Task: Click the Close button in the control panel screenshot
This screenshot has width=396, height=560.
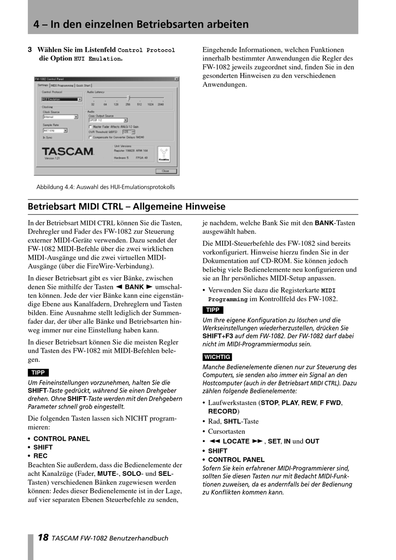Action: pyautogui.click(x=166, y=171)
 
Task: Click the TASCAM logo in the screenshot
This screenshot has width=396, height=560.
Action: pyautogui.click(x=68, y=151)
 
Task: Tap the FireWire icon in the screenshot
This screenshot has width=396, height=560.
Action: pyautogui.click(x=163, y=154)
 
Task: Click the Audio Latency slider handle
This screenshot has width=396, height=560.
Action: pyautogui.click(x=128, y=98)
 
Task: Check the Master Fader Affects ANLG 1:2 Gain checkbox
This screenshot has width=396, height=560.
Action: pyautogui.click(x=90, y=127)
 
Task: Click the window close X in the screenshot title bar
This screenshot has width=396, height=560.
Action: pyautogui.click(x=176, y=79)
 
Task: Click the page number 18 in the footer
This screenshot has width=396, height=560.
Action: pyautogui.click(x=43, y=537)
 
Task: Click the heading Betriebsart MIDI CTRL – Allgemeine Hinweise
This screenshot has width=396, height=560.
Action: pyautogui.click(x=126, y=207)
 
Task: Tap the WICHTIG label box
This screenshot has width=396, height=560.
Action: pyautogui.click(x=217, y=357)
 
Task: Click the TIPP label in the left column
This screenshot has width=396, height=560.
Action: pyautogui.click(x=38, y=372)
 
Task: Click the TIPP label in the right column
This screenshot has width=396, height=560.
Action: pyautogui.click(x=213, y=310)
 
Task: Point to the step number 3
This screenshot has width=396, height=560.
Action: pyautogui.click(x=30, y=50)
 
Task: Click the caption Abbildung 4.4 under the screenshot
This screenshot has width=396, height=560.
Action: pyautogui.click(x=105, y=187)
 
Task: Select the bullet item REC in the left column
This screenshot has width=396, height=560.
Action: pyautogui.click(x=40, y=456)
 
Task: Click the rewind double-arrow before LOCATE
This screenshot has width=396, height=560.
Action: pyautogui.click(x=214, y=441)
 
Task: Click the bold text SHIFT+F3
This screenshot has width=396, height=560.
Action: pyautogui.click(x=218, y=336)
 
